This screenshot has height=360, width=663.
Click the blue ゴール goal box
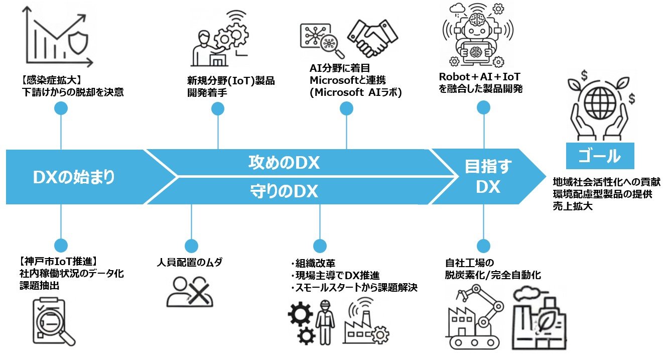(x=600, y=156)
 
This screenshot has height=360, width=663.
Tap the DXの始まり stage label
(x=74, y=177)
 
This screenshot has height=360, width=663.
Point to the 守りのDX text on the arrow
(x=284, y=191)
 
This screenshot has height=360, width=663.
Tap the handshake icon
(x=372, y=38)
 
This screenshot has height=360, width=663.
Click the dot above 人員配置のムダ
(x=191, y=246)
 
